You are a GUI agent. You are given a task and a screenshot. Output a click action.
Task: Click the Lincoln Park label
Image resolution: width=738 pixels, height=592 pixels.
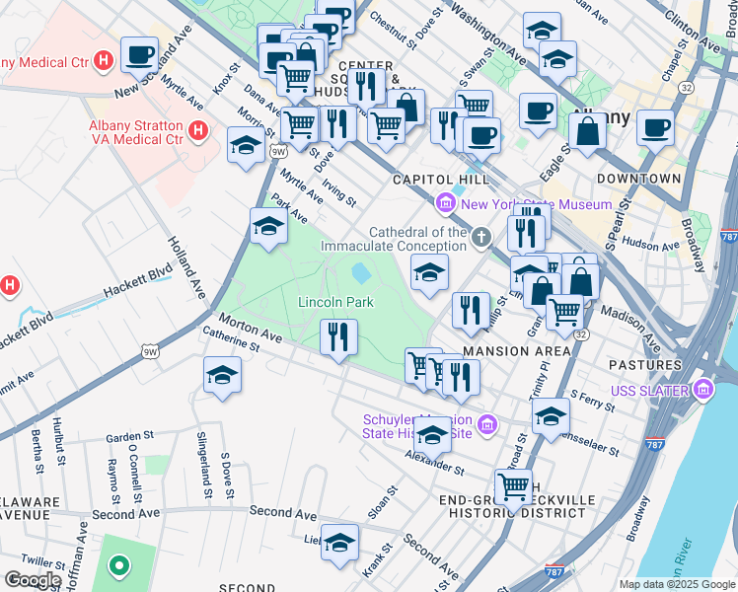coord(335,302)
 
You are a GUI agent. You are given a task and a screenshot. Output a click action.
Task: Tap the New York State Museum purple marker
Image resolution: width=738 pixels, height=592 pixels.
coord(445,204)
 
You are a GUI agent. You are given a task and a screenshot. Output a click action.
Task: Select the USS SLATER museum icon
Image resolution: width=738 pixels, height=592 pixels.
coord(702,392)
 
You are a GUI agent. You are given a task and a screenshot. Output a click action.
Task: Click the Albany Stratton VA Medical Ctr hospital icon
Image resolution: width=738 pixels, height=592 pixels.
coord(198,130)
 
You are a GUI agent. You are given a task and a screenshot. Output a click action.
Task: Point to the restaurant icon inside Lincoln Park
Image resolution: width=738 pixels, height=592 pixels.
coord(337,337)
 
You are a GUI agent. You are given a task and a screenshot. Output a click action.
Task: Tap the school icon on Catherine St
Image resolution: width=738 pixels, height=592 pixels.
coord(222,375)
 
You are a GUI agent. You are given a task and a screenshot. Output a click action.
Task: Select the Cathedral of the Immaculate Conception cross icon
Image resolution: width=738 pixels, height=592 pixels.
coord(480,236)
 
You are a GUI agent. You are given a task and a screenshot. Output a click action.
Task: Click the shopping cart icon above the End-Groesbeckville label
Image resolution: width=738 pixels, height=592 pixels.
coord(513,485)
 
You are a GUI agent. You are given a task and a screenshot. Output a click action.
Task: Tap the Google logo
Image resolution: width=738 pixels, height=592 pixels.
coord(33,579)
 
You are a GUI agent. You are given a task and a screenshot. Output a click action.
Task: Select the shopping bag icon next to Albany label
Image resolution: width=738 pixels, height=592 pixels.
coord(587,131)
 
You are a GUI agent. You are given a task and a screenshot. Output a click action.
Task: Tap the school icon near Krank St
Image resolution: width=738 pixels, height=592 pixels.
coord(339,543)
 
